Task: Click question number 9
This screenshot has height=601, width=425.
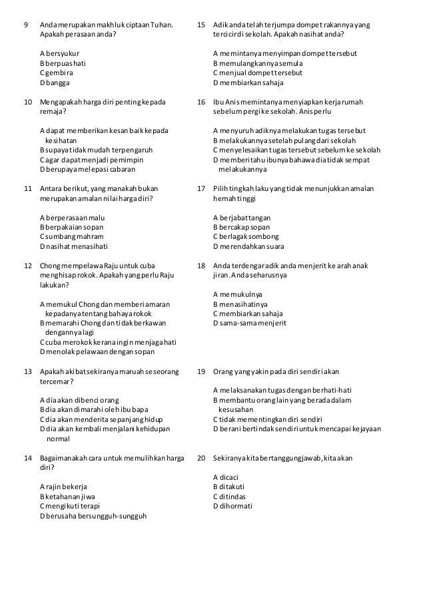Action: (x=26, y=25)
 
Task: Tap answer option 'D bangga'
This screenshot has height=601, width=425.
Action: (x=55, y=83)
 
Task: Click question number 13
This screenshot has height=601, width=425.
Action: (x=28, y=371)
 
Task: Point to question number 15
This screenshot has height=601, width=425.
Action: (x=202, y=25)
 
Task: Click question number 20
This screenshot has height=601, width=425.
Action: (x=202, y=458)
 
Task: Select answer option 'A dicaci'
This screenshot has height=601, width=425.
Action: (x=226, y=477)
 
